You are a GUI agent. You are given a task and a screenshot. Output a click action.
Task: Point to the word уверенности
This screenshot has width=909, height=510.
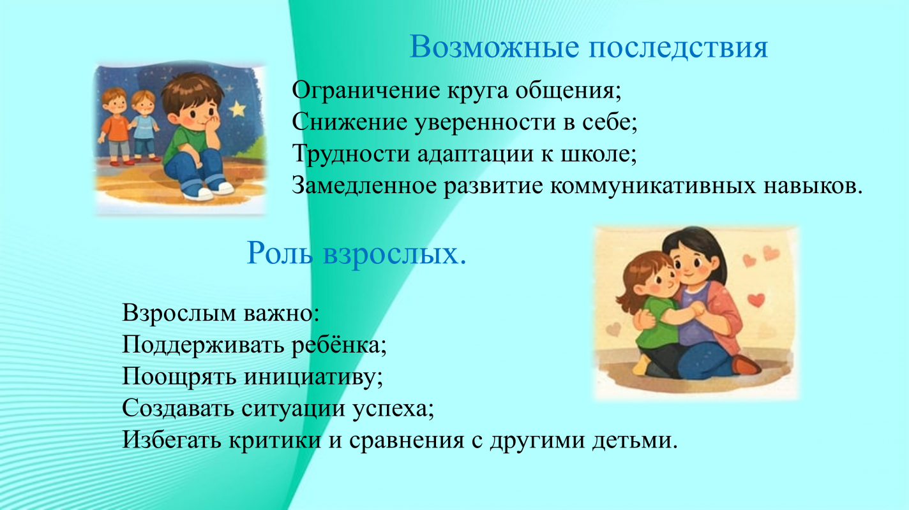point(485,122)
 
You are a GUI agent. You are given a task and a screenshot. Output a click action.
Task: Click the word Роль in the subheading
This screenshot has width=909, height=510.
point(280,253)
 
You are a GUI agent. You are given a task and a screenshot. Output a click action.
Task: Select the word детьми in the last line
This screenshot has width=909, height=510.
point(635,441)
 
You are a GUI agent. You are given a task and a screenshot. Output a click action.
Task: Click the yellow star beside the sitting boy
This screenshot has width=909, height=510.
point(238,108)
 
